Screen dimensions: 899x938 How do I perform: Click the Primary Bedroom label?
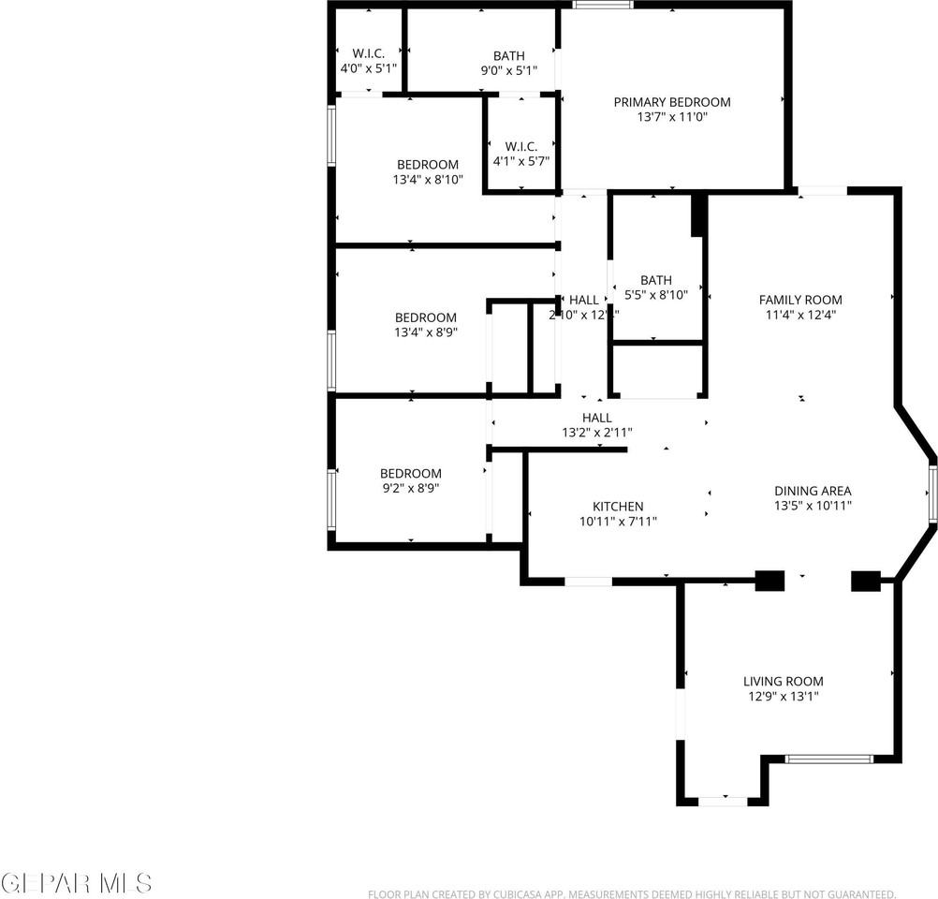(671, 102)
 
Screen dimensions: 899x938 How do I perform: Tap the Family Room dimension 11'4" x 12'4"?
(799, 316)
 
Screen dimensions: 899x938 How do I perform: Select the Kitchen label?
(618, 507)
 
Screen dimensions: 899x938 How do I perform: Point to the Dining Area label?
(813, 491)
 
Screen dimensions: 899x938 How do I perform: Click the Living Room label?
(784, 682)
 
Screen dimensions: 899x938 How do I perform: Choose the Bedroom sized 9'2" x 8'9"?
(410, 474)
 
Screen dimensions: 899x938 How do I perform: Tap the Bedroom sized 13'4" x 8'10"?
(427, 165)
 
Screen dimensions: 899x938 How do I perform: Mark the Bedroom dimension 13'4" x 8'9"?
(426, 332)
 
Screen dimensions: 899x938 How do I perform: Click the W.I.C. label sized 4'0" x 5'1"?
(369, 53)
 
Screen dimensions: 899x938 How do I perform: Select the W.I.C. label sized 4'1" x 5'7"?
(520, 146)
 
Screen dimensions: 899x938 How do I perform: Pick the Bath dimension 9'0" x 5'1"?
(509, 70)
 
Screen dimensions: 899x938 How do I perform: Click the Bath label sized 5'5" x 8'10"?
(656, 280)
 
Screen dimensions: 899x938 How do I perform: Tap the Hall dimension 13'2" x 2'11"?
(597, 433)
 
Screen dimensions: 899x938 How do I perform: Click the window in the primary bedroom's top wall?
(603, 5)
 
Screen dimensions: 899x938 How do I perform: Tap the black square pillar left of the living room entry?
(769, 581)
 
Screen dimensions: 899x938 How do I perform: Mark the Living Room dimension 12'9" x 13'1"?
(784, 697)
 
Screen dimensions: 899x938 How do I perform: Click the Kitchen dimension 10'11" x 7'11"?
(618, 522)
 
